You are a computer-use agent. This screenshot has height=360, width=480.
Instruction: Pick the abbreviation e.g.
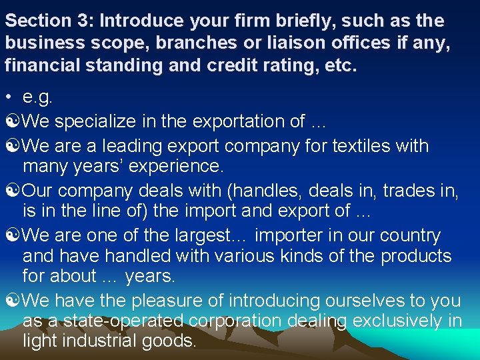(x=37, y=98)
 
